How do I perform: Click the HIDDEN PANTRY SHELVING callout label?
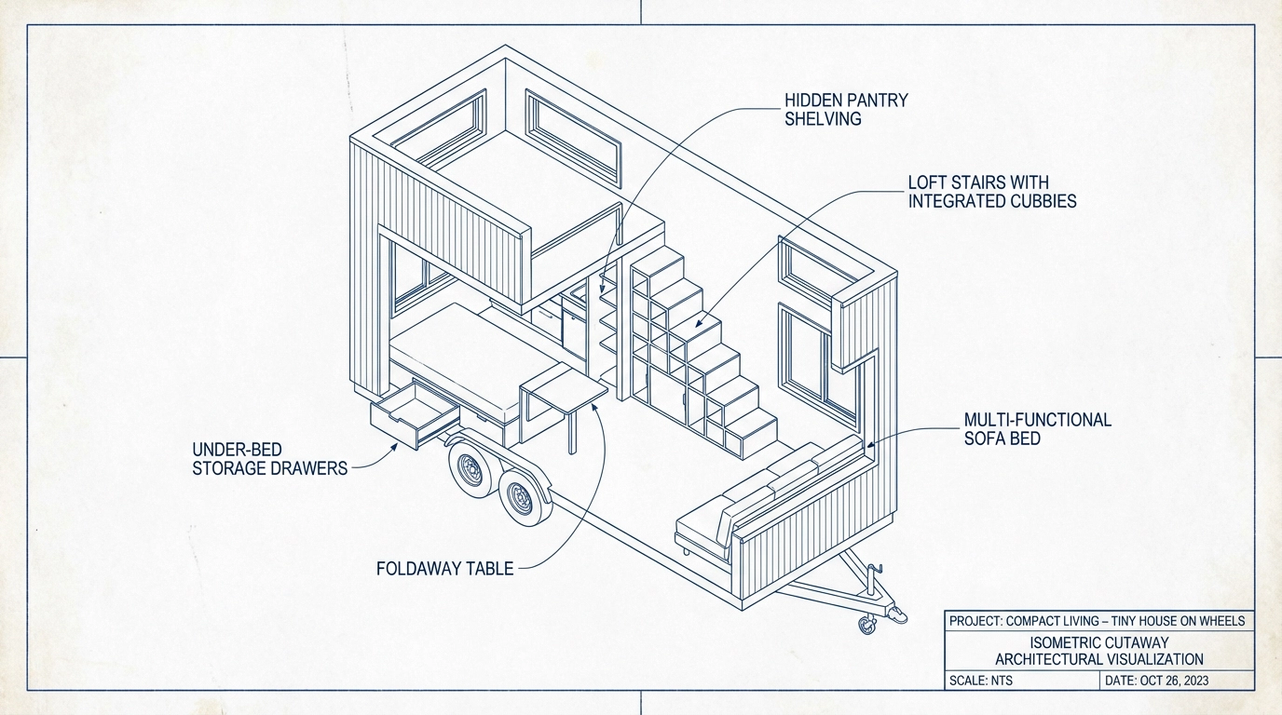click(x=845, y=109)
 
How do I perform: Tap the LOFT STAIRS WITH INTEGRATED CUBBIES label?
click(x=991, y=191)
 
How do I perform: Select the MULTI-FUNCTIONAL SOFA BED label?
click(x=1037, y=428)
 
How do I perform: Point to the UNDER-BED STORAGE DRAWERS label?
click(x=269, y=458)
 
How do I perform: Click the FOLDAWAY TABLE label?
click(x=444, y=568)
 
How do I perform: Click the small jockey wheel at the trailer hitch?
click(x=867, y=627)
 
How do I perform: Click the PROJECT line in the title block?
click(x=1097, y=621)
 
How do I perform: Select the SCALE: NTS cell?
click(x=981, y=681)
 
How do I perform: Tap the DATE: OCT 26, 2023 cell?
click(x=1156, y=681)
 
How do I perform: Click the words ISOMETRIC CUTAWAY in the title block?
click(x=1099, y=642)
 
